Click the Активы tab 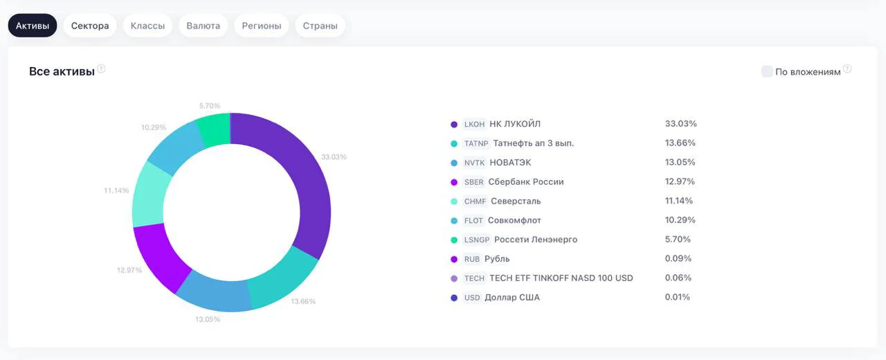[x=33, y=26]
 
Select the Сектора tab [x=90, y=26]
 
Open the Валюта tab [x=203, y=26]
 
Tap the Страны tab [x=320, y=26]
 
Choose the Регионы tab [x=262, y=26]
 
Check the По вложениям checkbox [x=766, y=71]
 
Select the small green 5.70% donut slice [x=215, y=129]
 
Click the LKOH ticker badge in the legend [x=474, y=124]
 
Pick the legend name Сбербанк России [x=526, y=182]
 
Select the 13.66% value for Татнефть [x=680, y=143]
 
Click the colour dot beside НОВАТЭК [x=454, y=163]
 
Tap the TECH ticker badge [x=474, y=278]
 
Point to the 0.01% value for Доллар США [x=677, y=297]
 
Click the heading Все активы [x=62, y=71]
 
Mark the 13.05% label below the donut [x=208, y=319]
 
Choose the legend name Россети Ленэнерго [x=536, y=240]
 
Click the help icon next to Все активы [x=101, y=69]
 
